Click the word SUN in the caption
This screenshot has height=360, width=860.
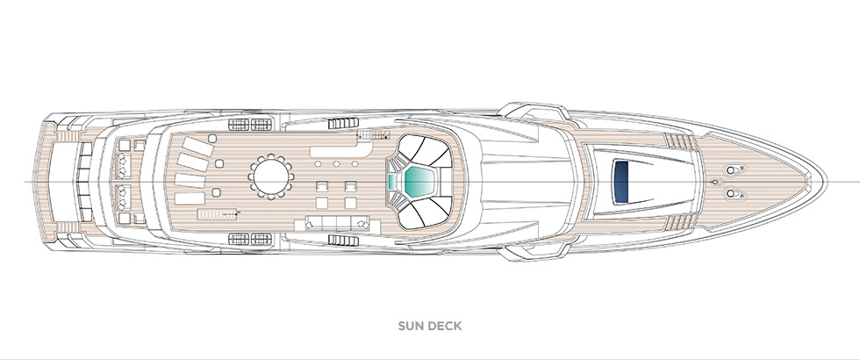[x=410, y=327]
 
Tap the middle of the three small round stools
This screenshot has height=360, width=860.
[x=337, y=163]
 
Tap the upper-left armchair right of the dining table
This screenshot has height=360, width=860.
[x=320, y=188]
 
